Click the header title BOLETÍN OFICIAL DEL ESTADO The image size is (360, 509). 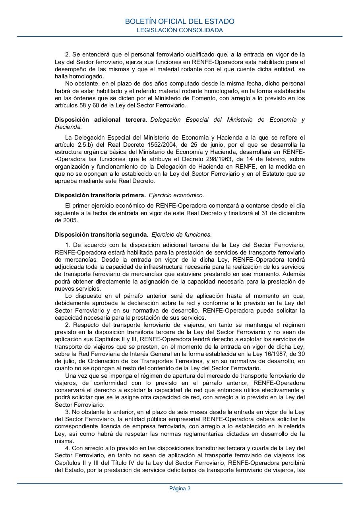tap(180, 21)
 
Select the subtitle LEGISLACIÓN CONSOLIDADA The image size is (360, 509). tap(180, 30)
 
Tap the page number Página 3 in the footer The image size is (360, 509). tap(180, 489)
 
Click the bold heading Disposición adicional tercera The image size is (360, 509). tap(101, 120)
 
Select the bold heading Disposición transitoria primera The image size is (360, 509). tap(100, 195)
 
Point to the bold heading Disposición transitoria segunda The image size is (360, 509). tap(101, 235)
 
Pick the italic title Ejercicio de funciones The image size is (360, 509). tap(181, 235)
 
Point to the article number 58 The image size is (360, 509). tap(81, 105)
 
